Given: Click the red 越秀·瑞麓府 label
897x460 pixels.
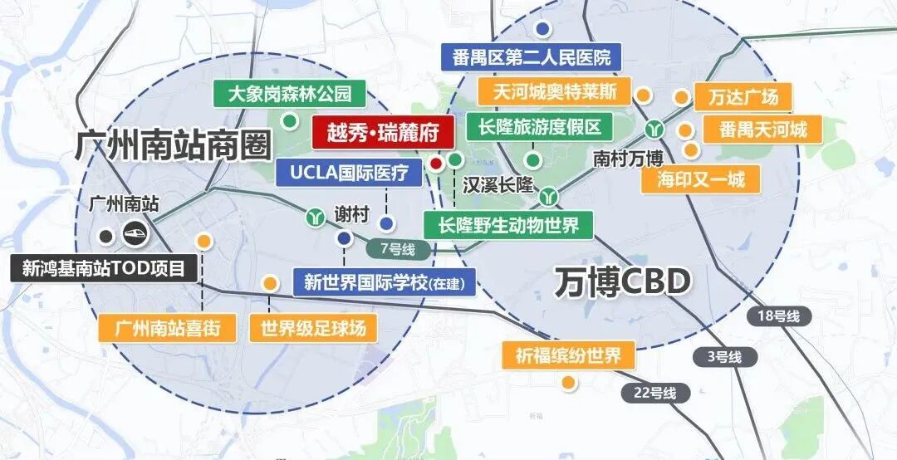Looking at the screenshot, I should pos(383,132).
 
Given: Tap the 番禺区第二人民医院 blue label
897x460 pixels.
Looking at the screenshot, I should pos(532,57).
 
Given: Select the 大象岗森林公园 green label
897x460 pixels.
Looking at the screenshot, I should pos(290,91).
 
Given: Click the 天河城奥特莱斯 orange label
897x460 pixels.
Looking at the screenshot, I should pos(555,91).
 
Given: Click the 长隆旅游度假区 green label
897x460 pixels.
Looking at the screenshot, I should pos(539,127).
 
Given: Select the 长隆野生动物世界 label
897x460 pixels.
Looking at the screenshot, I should pos(508,224).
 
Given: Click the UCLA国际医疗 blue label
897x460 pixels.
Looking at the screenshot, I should pos(349,173).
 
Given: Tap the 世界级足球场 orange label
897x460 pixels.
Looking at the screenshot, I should pos(313,327).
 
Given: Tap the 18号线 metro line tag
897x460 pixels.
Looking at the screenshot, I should pos(778,316).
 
